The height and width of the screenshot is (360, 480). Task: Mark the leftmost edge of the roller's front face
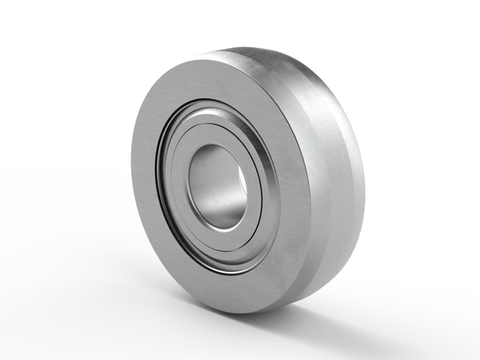tap(132, 172)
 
